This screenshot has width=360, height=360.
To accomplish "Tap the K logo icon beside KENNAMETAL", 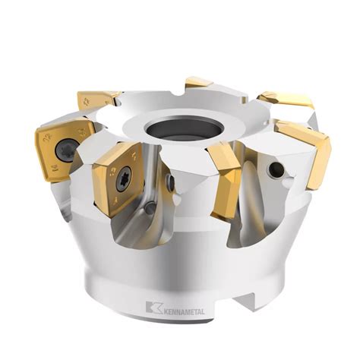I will coord(153,306).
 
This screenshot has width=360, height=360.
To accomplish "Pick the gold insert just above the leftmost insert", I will coord(98,98).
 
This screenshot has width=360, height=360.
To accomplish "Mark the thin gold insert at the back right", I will coord(284,99).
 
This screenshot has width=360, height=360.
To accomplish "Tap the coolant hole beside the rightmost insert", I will coord(278,169).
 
